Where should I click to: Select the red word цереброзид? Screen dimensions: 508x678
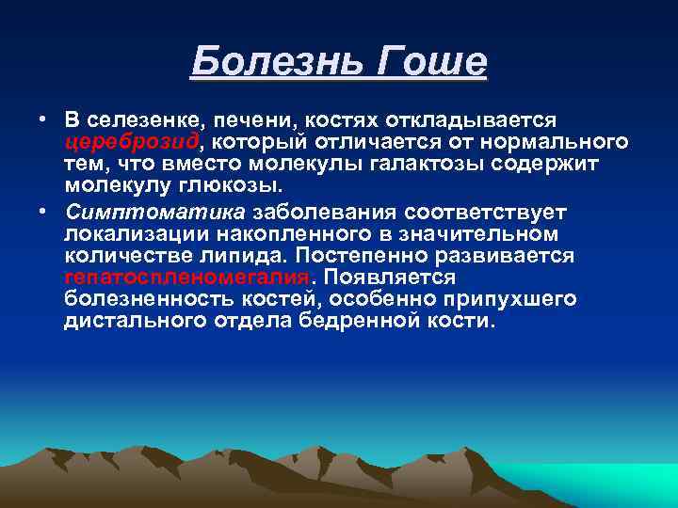click(x=132, y=142)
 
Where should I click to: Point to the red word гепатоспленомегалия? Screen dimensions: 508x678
click(x=187, y=278)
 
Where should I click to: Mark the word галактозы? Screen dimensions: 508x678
click(x=428, y=164)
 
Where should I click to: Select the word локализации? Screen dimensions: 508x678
click(x=127, y=232)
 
